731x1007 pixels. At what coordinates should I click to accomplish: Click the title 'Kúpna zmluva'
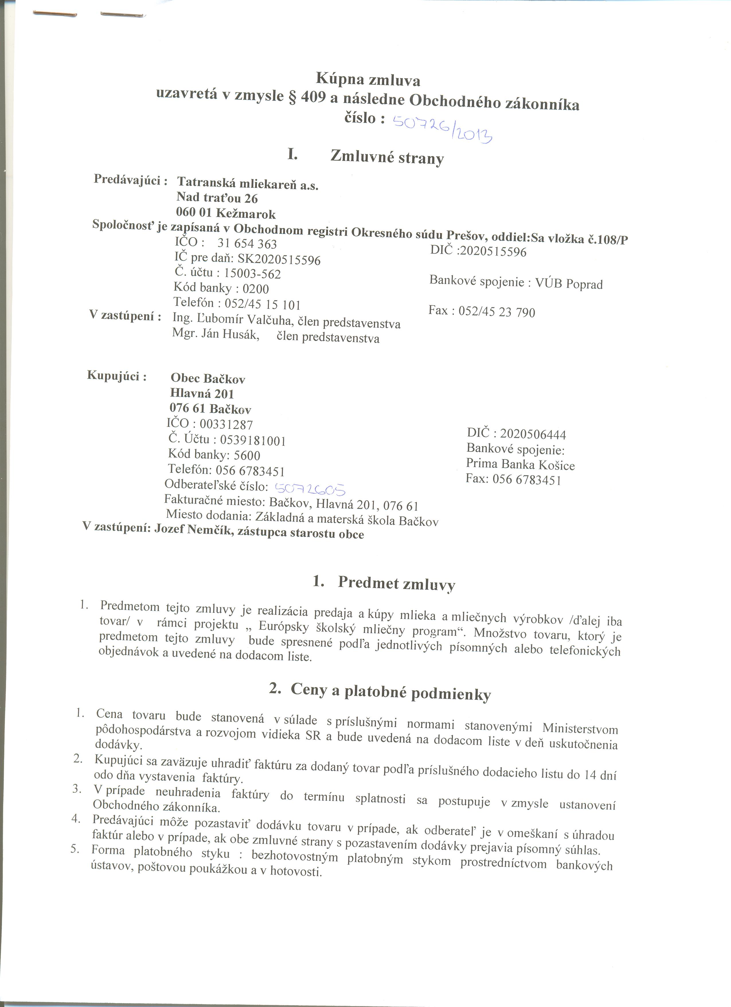click(368, 80)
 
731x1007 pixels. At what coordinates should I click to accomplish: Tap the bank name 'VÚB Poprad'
click(569, 284)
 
